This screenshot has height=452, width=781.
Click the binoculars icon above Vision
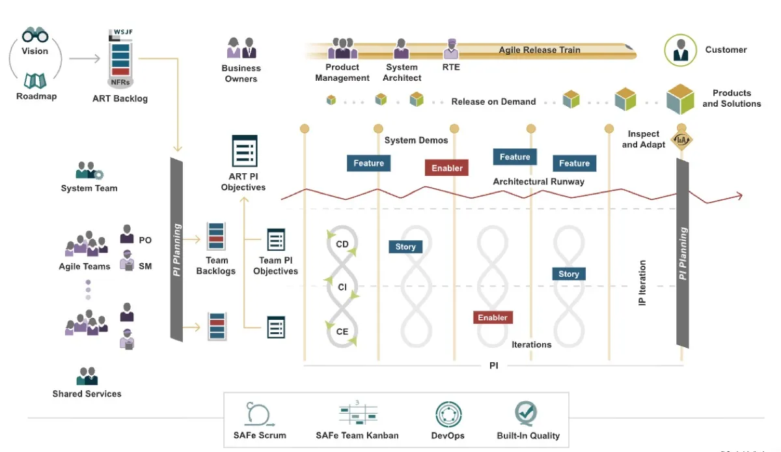(35, 35)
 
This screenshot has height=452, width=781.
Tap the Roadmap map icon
(35, 80)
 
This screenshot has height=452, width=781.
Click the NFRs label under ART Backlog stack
(120, 82)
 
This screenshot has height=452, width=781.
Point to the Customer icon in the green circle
(681, 50)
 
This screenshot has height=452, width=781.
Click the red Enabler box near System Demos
(447, 168)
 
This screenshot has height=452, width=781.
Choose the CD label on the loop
(342, 245)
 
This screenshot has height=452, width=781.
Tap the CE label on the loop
(342, 332)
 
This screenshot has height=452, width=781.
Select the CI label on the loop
(342, 287)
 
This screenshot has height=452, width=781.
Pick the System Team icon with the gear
(89, 171)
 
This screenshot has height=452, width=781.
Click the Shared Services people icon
(87, 376)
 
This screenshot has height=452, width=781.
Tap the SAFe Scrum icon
(259, 415)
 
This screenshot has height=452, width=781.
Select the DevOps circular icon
(448, 415)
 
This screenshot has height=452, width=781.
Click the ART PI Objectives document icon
(245, 151)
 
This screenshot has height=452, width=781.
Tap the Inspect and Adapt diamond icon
(681, 139)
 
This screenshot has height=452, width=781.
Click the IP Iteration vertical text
(643, 283)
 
